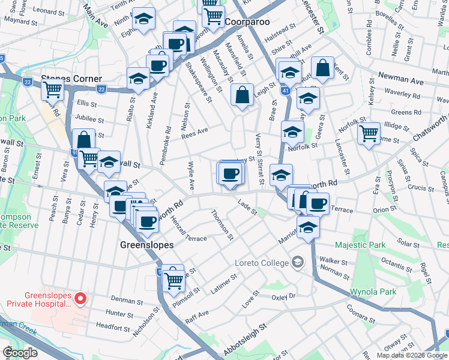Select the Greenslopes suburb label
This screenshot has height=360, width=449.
click(x=146, y=245)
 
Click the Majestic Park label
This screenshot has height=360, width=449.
click(x=360, y=245)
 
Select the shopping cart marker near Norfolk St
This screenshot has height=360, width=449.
click(x=369, y=133)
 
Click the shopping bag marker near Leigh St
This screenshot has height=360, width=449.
click(x=242, y=95)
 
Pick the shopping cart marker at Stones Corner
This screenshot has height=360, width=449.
click(x=52, y=89)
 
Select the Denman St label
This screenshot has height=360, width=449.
click(x=124, y=298)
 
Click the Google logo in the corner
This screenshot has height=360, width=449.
click(x=20, y=352)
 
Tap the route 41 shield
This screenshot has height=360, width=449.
click(x=285, y=91)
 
